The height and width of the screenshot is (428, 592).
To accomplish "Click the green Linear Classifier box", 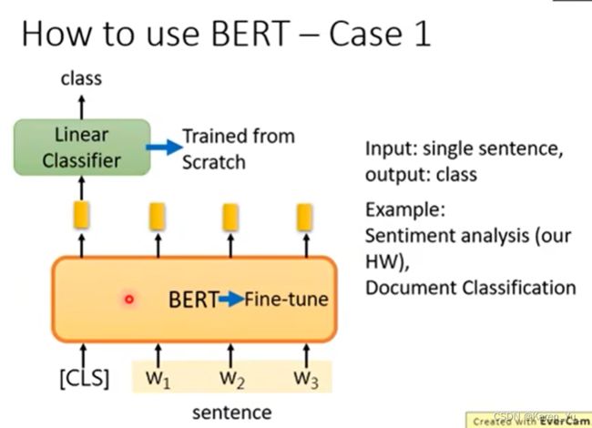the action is pyautogui.click(x=82, y=148).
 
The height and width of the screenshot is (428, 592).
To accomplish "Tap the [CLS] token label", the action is pyautogui.click(x=84, y=378).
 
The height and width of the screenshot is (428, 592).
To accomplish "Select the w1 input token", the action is pyautogui.click(x=158, y=379).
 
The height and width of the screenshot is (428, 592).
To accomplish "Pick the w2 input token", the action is pyautogui.click(x=232, y=379).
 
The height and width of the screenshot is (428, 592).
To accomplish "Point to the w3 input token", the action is pyautogui.click(x=306, y=379).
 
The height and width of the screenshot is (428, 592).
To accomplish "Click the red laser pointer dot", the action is pyautogui.click(x=129, y=300).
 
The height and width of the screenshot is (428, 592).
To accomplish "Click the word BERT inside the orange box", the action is pyautogui.click(x=194, y=300).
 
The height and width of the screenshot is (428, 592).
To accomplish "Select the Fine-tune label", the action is pyautogui.click(x=287, y=300).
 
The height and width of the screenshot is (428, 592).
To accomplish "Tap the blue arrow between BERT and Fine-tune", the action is pyautogui.click(x=232, y=300).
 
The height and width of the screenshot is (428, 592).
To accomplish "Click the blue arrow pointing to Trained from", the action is pyautogui.click(x=164, y=148).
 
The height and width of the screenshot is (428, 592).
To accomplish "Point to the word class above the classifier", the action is pyautogui.click(x=81, y=78).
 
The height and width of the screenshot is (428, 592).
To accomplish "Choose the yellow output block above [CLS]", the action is pyautogui.click(x=81, y=215).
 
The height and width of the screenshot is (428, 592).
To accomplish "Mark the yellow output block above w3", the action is pyautogui.click(x=305, y=217).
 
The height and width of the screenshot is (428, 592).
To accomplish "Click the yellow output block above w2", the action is pyautogui.click(x=230, y=217).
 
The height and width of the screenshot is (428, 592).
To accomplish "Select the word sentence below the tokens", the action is pyautogui.click(x=232, y=413).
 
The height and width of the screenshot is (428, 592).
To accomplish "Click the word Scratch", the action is pyautogui.click(x=214, y=162).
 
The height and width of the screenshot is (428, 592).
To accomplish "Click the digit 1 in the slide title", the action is pyautogui.click(x=424, y=34).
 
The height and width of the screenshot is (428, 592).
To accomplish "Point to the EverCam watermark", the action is pyautogui.click(x=528, y=420).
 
